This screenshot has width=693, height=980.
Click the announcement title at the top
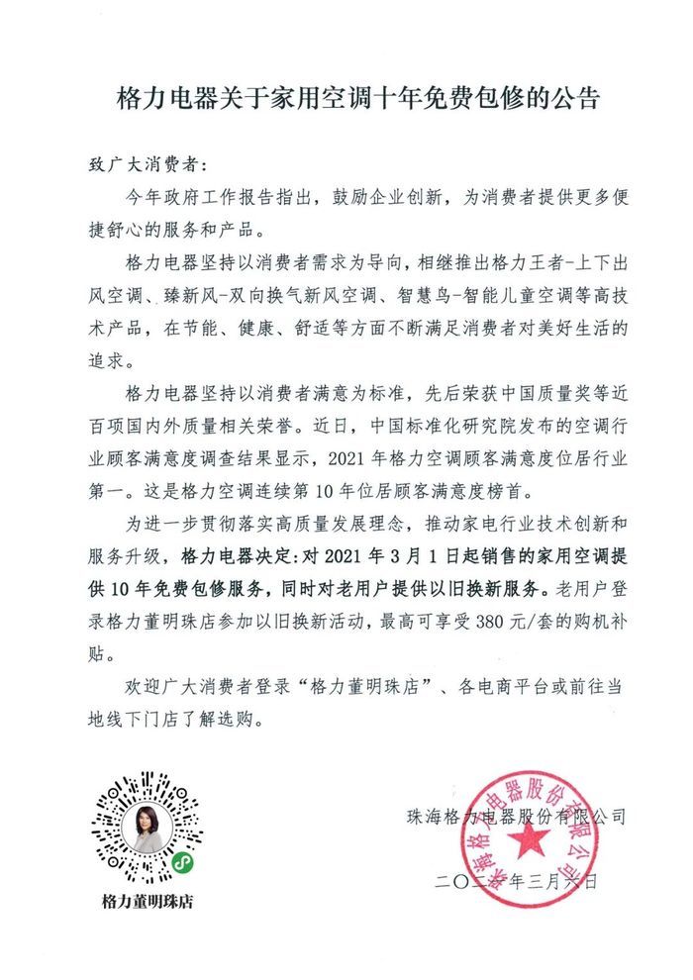click(346, 100)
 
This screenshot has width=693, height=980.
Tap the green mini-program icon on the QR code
click(182, 863)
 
